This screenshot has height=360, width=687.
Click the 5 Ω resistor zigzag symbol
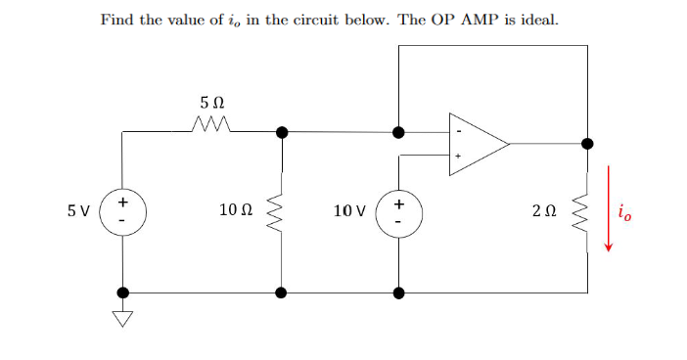click(211, 124)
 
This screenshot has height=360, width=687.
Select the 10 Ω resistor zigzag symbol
click(282, 211)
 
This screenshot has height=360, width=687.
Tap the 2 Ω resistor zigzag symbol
click(587, 211)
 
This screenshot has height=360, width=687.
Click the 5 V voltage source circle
click(122, 211)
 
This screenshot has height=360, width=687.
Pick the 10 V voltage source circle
click(398, 211)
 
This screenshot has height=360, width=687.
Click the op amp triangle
click(476, 144)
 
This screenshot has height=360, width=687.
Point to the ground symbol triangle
click(122, 316)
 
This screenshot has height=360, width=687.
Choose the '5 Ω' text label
click(211, 101)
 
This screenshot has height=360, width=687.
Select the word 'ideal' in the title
click(537, 20)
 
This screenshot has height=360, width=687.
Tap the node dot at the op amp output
click(587, 144)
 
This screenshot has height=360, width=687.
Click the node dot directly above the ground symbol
click(122, 292)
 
